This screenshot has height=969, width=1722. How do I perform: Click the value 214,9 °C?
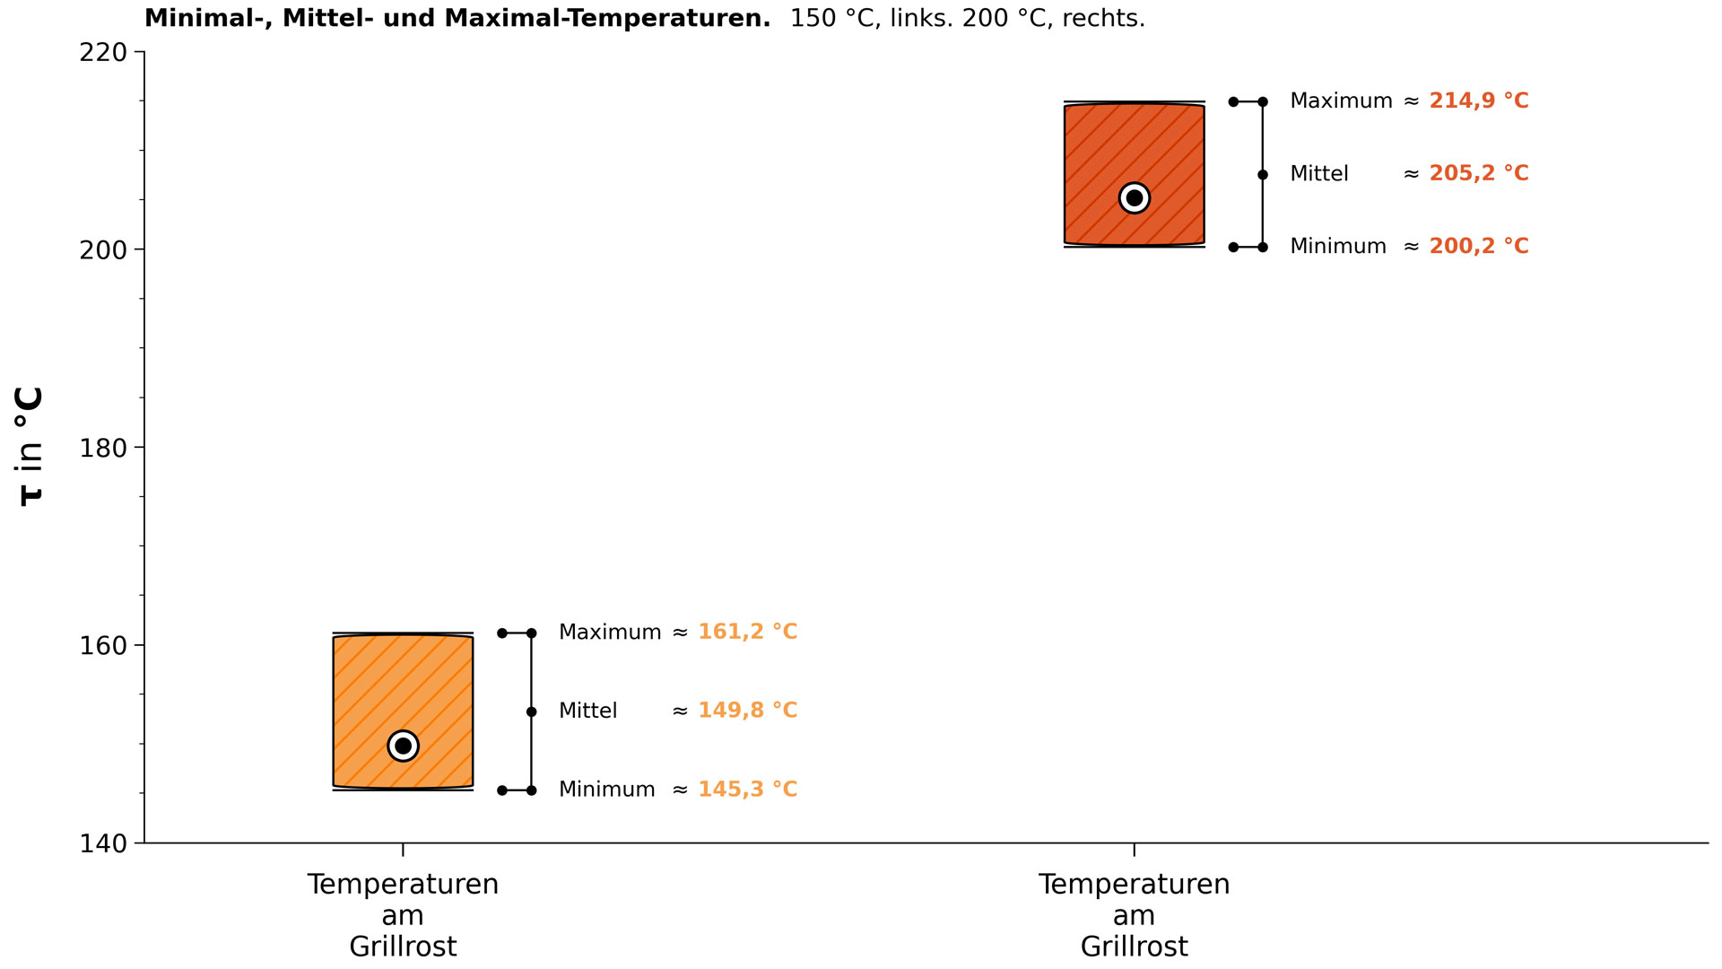click(x=1479, y=100)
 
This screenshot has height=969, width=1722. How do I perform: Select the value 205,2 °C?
click(x=1479, y=173)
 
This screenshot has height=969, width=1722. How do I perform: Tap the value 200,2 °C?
click(x=1479, y=246)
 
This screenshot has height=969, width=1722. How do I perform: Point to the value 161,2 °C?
click(x=748, y=632)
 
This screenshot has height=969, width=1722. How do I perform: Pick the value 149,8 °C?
click(x=748, y=711)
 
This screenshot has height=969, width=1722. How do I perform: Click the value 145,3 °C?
click(x=748, y=790)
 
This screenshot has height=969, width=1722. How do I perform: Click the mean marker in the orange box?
click(x=403, y=746)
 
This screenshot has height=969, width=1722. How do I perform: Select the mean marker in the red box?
click(x=1135, y=197)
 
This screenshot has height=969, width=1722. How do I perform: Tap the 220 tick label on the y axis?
click(x=103, y=52)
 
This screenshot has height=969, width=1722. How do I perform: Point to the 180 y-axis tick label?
click(x=103, y=448)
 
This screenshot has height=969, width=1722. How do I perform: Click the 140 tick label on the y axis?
click(x=103, y=843)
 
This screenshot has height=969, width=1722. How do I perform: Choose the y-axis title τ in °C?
click(x=30, y=447)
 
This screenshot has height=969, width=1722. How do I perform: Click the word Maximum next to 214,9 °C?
click(x=1341, y=100)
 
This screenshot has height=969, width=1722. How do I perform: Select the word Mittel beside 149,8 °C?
click(x=587, y=711)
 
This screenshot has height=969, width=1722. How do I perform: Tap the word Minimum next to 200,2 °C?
click(x=1338, y=246)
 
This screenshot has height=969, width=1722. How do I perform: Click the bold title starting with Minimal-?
click(x=457, y=18)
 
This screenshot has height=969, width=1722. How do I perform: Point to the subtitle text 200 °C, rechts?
click(x=1054, y=18)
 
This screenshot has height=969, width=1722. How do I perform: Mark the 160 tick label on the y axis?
click(x=103, y=646)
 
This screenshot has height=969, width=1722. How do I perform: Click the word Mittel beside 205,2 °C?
click(x=1319, y=173)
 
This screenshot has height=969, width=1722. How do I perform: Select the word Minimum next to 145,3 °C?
click(x=607, y=790)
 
